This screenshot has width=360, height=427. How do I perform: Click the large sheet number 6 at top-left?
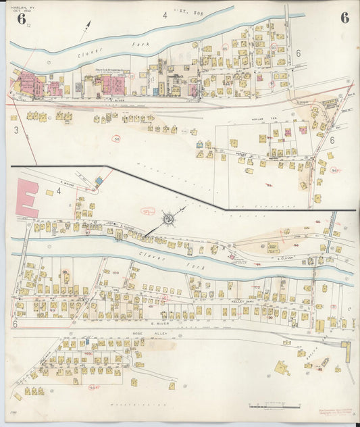click(x=22, y=19)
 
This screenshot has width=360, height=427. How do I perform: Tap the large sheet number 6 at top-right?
click(x=344, y=18)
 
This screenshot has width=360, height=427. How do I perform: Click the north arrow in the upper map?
click(x=86, y=31)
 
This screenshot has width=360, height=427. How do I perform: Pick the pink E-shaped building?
click(x=26, y=195)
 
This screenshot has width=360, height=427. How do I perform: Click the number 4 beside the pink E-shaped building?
click(x=58, y=191)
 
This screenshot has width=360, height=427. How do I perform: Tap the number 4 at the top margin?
click(x=163, y=13)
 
